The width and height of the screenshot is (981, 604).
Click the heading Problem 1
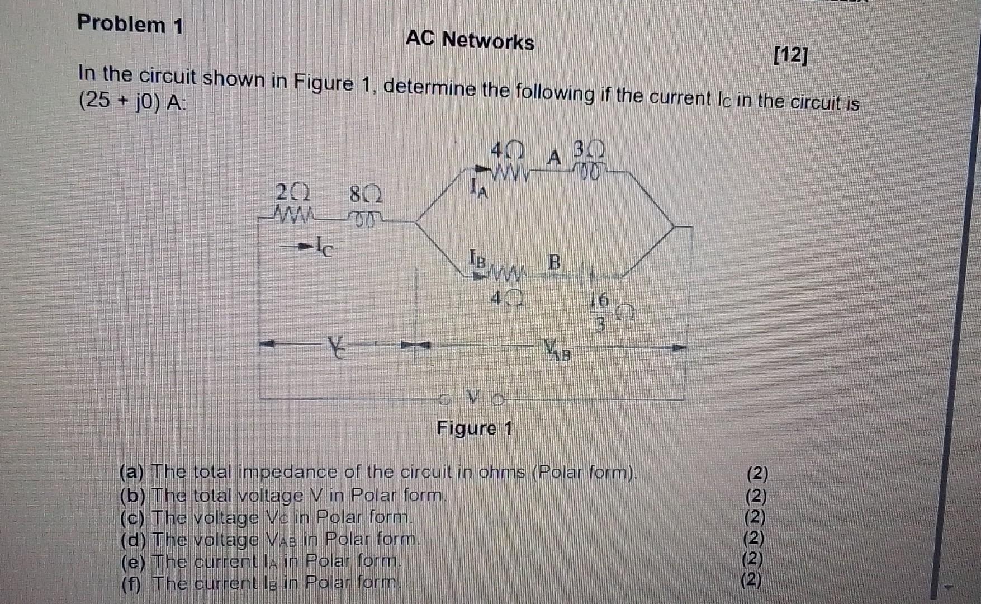pyautogui.click(x=130, y=24)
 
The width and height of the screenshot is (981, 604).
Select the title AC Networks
pyautogui.click(x=470, y=40)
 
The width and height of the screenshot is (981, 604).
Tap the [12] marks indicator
pyautogui.click(x=790, y=55)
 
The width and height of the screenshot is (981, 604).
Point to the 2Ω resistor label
pyautogui.click(x=292, y=194)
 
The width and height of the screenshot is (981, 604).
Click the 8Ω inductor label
pyautogui.click(x=366, y=195)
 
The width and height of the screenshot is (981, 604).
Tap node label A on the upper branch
pyautogui.click(x=553, y=158)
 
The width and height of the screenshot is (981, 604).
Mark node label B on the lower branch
pyautogui.click(x=553, y=261)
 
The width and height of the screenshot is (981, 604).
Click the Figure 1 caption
pyautogui.click(x=474, y=428)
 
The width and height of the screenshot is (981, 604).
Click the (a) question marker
pyautogui.click(x=132, y=473)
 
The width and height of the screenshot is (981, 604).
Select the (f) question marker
pyautogui.click(x=131, y=583)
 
